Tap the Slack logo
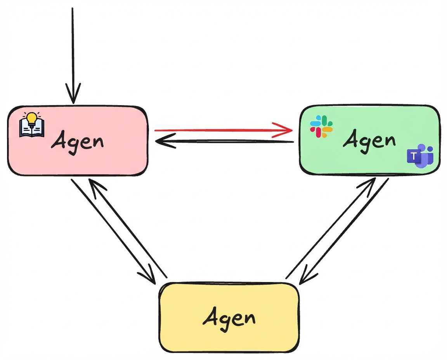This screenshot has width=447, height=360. coord(321,126)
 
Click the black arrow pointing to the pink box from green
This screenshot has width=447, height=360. coord(225,142)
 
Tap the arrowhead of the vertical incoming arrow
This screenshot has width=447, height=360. coord(73,94)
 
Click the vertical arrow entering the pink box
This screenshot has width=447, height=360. coord(73,50)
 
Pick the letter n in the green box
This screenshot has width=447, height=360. coord(388,141)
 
